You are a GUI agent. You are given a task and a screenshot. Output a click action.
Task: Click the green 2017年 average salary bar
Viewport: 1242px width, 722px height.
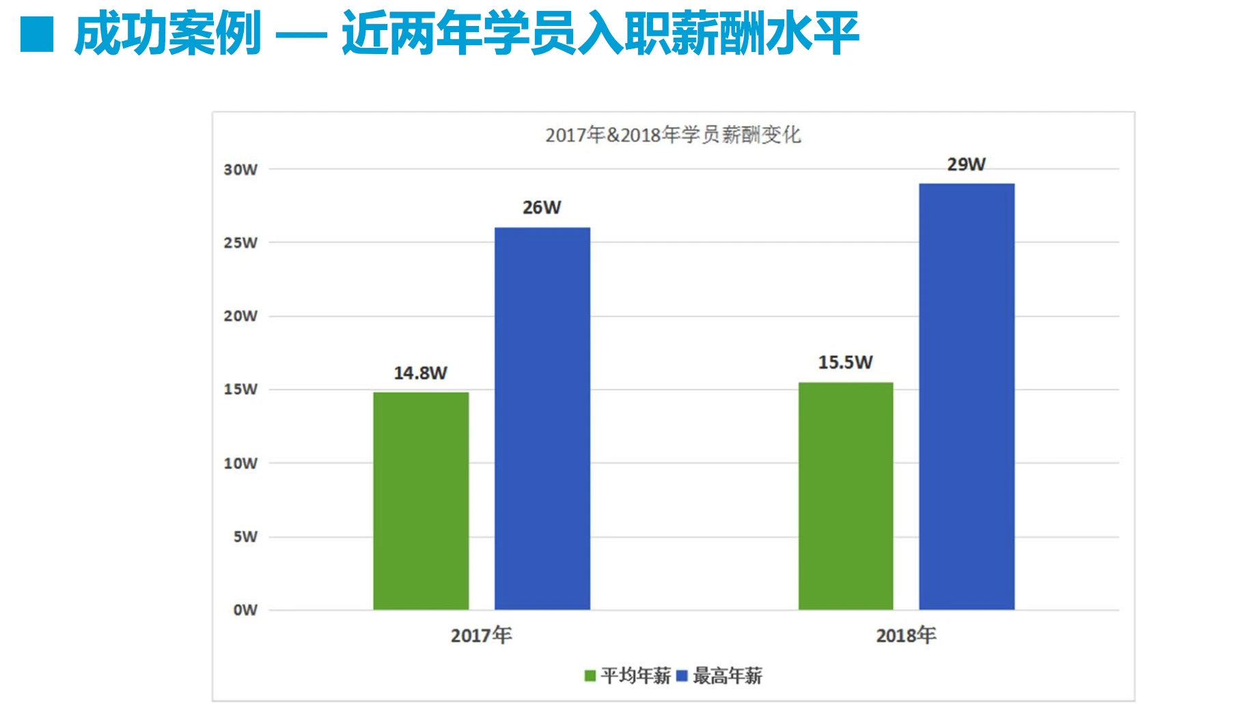[421, 500]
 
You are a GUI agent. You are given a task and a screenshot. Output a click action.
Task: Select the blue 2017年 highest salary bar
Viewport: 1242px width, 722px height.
[542, 418]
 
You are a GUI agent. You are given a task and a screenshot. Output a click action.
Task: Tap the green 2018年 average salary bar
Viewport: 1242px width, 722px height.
[846, 496]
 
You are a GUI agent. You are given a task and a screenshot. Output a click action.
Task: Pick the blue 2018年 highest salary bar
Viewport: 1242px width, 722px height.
[967, 397]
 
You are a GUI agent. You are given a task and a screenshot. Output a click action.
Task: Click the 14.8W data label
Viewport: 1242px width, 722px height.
[420, 373]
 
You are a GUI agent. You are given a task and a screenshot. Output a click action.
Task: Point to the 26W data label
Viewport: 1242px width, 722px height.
[542, 207]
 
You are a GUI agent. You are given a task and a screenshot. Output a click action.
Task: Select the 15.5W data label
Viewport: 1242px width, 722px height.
[846, 362]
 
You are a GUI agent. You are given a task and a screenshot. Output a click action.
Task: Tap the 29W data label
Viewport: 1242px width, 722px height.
[967, 164]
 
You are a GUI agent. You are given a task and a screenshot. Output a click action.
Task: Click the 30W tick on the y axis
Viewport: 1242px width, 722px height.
[240, 170]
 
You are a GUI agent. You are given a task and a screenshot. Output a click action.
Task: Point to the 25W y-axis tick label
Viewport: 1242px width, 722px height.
[240, 243]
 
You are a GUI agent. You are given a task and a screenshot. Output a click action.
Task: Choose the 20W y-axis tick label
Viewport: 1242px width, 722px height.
[240, 316]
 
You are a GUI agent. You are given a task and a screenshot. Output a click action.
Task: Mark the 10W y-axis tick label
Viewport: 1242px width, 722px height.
[240, 464]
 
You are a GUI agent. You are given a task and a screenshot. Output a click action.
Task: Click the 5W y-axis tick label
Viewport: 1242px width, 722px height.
[245, 537]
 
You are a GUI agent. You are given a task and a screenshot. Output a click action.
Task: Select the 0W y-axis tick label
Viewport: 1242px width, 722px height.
[245, 610]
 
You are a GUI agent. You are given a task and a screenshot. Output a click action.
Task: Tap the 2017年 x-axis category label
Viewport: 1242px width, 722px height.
[481, 635]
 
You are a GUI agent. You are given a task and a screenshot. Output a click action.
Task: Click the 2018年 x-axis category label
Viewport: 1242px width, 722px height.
[906, 635]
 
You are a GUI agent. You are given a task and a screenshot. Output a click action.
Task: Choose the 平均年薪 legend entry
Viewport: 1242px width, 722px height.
[629, 676]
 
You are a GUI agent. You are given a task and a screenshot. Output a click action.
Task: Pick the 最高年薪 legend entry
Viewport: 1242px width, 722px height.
[720, 676]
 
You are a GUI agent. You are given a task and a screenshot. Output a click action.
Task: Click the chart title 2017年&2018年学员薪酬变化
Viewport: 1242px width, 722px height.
[673, 135]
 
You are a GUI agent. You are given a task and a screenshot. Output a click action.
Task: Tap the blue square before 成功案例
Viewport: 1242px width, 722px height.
[37, 34]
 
